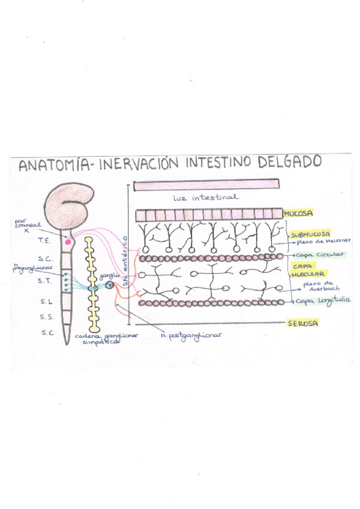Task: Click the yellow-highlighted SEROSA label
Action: click(x=302, y=323)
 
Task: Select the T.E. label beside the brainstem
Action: click(x=44, y=239)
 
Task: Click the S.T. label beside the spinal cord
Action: click(x=44, y=280)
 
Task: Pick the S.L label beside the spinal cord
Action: click(x=46, y=300)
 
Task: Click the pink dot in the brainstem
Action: click(x=68, y=241)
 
